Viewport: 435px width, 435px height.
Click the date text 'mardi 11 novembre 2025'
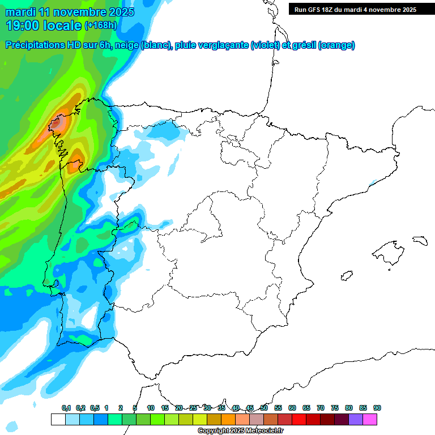click(x=70, y=12)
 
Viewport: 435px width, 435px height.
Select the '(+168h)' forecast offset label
click(x=100, y=25)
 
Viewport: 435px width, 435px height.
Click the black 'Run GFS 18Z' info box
click(x=355, y=9)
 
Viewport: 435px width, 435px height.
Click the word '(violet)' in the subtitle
click(x=266, y=45)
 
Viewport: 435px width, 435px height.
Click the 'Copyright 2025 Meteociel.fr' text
click(x=241, y=431)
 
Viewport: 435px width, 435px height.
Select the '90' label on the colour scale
click(x=377, y=408)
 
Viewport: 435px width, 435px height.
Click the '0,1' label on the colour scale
click(x=66, y=408)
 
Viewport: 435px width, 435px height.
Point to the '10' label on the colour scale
click(x=151, y=408)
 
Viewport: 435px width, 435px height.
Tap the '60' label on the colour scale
click(x=292, y=408)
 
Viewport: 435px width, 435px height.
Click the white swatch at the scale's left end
click(x=58, y=419)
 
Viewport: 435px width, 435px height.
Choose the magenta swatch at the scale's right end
click(x=370, y=419)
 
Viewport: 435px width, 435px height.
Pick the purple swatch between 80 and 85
click(x=356, y=419)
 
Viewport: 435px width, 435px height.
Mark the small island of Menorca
click(x=419, y=240)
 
